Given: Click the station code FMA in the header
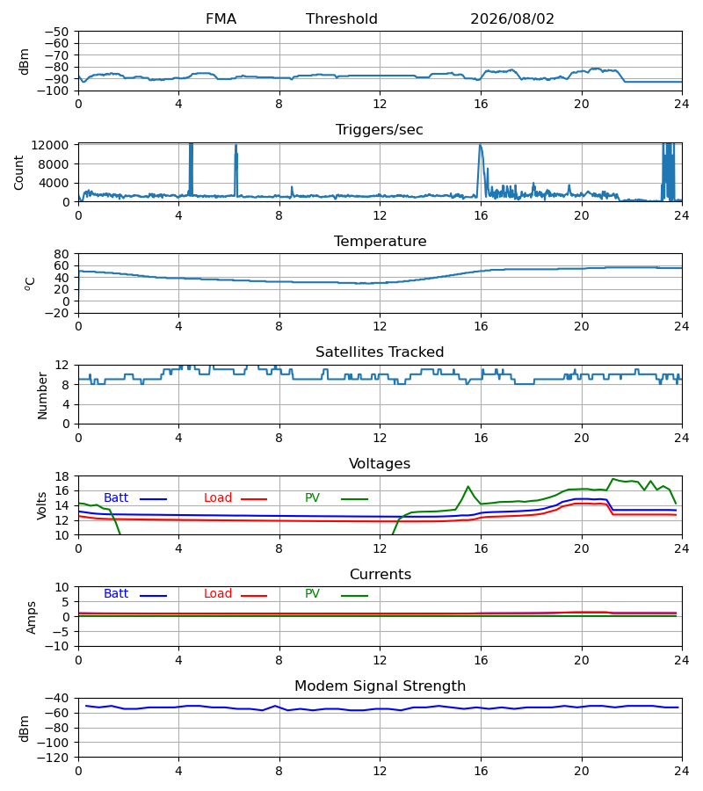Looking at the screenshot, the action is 221,19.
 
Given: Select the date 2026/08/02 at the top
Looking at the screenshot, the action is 511,19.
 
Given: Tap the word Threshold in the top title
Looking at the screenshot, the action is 342,19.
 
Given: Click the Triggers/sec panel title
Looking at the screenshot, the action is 380,130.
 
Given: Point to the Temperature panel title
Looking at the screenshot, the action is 380,241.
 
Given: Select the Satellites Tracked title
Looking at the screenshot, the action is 380,352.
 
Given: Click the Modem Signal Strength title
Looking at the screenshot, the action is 380,686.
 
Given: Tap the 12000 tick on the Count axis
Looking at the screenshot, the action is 50,145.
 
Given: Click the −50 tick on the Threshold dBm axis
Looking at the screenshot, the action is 57,32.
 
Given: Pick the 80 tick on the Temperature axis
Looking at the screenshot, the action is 62,254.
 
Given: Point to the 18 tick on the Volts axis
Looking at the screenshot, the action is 62,476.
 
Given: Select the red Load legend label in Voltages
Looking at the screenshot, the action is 218,498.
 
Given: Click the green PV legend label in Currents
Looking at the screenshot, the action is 312,594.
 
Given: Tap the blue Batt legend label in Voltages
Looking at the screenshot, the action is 116,498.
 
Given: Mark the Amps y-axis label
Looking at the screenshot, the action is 32,618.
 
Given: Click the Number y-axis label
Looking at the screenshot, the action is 42,396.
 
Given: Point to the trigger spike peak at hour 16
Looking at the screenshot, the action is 480,145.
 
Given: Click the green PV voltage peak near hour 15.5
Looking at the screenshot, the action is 468,486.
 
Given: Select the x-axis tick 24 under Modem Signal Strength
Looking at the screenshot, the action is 682,772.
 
